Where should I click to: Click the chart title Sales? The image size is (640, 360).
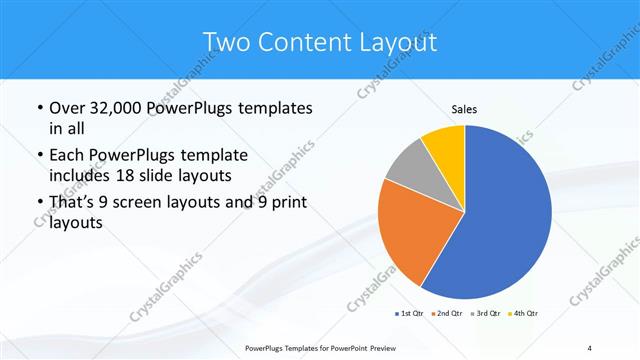coord(464,109)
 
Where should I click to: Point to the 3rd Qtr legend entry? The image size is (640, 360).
coord(486,314)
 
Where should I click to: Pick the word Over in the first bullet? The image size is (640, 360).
coord(68,107)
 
